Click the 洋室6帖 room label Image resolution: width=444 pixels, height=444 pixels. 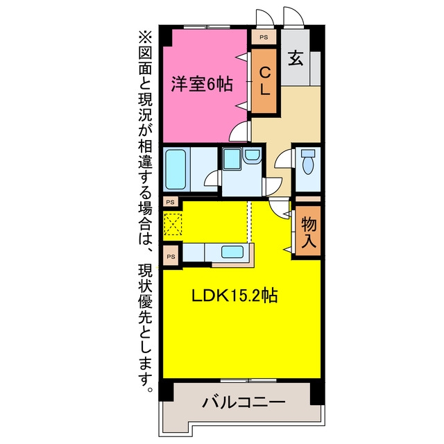[x=202, y=84]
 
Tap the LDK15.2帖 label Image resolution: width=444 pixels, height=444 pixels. [x=234, y=296]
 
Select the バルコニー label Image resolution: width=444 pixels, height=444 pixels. [x=244, y=402]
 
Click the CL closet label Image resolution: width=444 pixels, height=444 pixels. [x=264, y=80]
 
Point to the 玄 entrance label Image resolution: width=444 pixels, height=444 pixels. [x=296, y=58]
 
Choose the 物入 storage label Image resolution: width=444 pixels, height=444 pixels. [x=308, y=232]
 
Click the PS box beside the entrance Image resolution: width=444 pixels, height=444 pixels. [x=264, y=37]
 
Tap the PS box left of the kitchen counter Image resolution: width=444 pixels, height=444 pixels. [x=171, y=257]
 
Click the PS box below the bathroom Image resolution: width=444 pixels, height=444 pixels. [x=171, y=202]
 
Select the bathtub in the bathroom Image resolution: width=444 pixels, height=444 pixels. [x=176, y=169]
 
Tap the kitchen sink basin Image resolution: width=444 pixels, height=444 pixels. [x=232, y=252]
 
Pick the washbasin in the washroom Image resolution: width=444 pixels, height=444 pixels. [x=252, y=155]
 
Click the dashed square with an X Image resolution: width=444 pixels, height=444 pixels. [x=173, y=224]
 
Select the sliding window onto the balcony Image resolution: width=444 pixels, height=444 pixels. [x=248, y=381]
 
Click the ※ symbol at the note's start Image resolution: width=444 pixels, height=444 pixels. [x=145, y=37]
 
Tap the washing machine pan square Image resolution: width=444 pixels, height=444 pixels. [x=232, y=159]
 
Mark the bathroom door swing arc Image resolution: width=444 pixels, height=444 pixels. [x=212, y=178]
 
